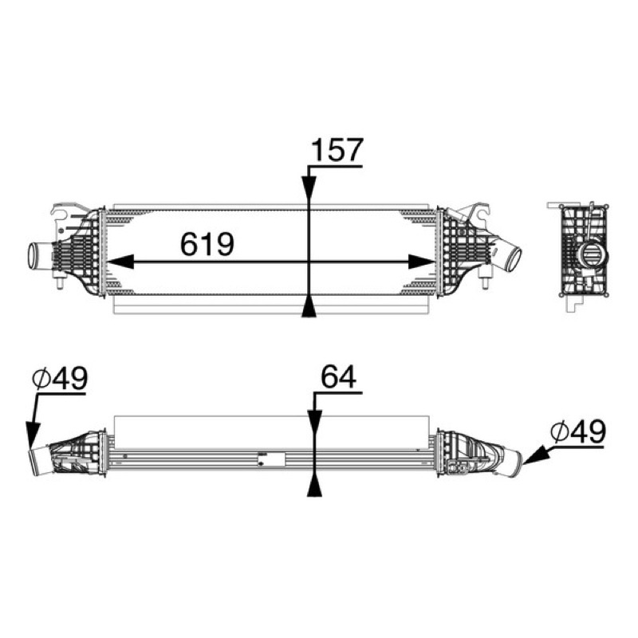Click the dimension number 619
tap(207, 244)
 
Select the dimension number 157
tap(337, 150)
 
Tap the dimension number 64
tap(338, 376)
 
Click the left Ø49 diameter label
tap(60, 378)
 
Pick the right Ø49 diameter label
tap(578, 431)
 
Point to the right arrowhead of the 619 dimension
tap(422, 262)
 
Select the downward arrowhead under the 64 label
tap(315, 423)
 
